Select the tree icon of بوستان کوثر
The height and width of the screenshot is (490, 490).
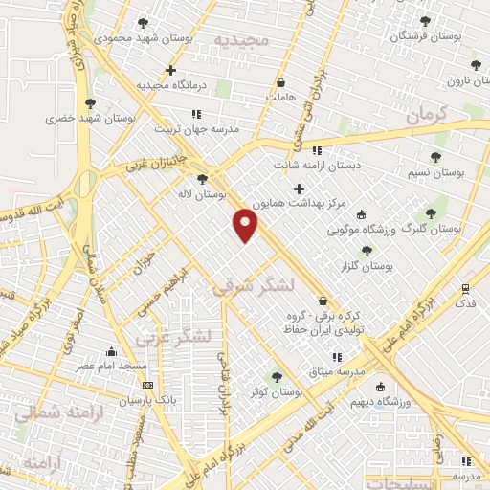(x=278, y=377)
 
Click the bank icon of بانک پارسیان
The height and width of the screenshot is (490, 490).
(x=146, y=385)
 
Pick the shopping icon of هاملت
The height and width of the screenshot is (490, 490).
(x=280, y=82)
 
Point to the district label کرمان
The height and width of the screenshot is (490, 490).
(x=426, y=113)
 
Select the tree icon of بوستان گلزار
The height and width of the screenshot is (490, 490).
(x=367, y=251)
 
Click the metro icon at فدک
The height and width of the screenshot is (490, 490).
(x=465, y=288)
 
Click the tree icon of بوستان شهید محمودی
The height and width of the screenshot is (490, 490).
(x=143, y=22)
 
